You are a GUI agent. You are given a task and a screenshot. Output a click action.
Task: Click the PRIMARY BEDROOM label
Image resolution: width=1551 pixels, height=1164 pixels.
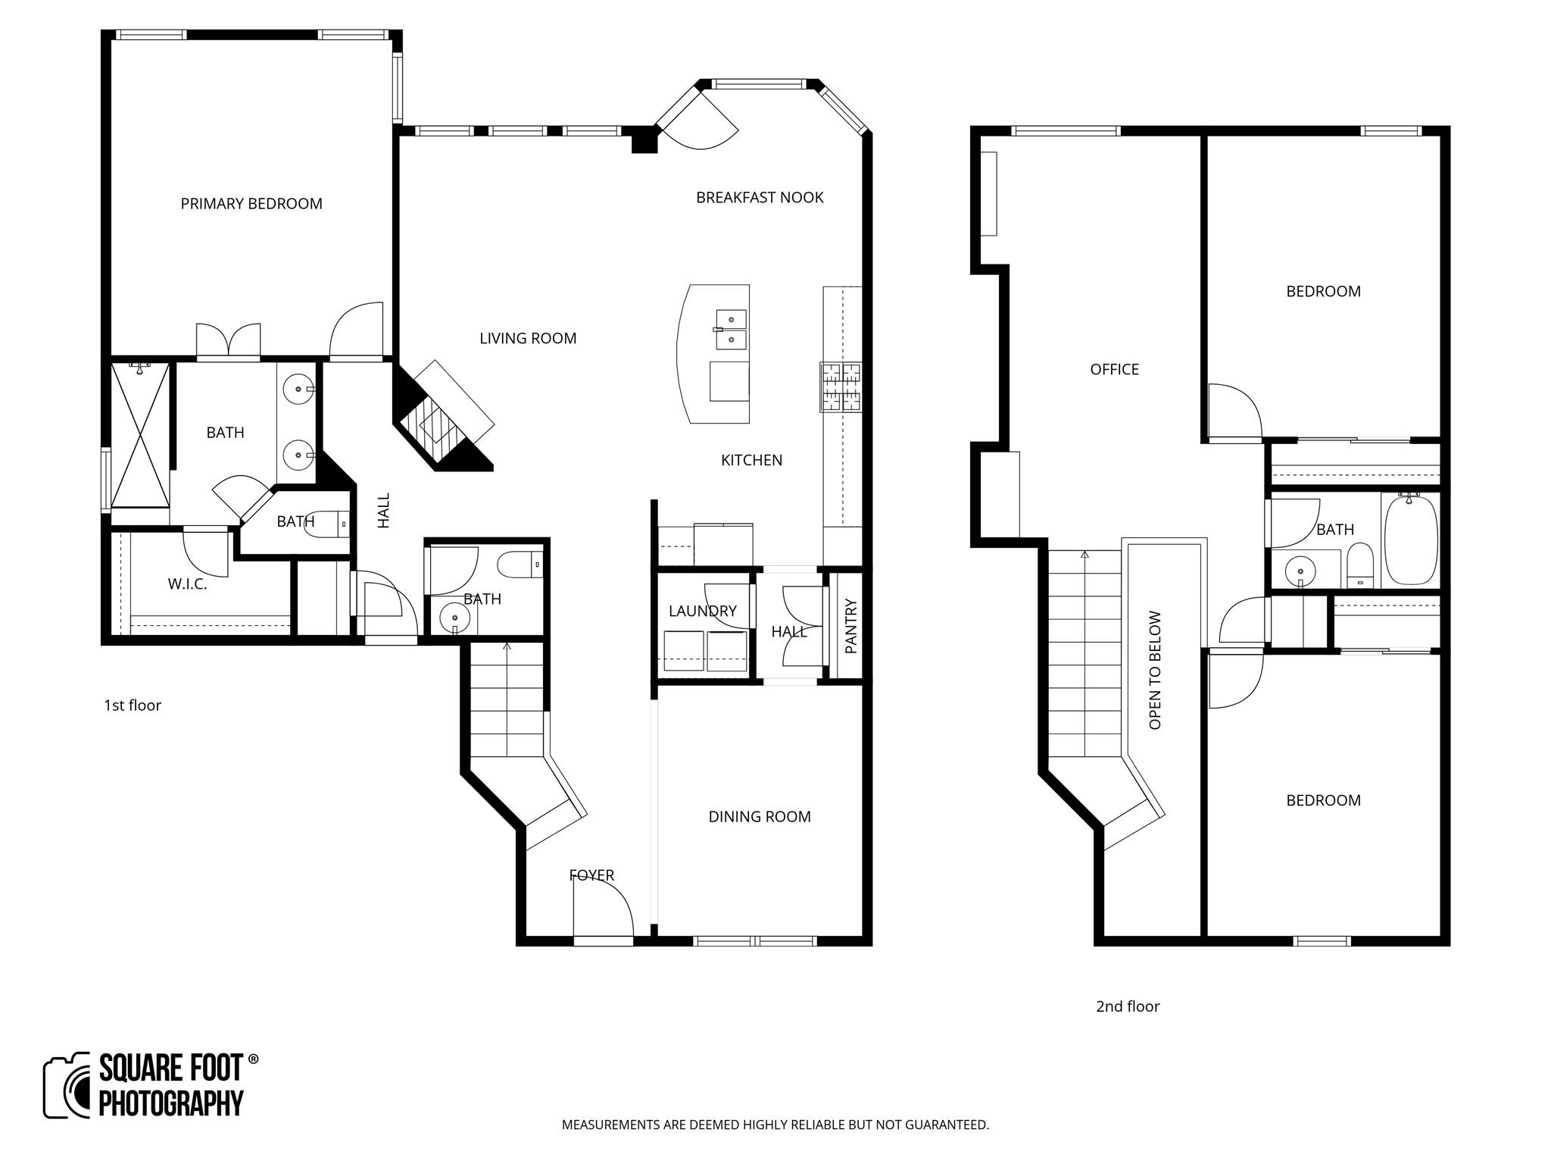(251, 204)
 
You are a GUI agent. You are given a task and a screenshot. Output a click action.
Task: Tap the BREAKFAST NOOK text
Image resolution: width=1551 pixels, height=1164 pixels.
(760, 198)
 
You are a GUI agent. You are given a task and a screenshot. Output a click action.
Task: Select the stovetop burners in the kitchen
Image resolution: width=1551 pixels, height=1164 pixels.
(841, 387)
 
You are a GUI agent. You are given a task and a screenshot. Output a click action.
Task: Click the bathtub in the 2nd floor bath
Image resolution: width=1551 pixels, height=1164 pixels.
(1410, 540)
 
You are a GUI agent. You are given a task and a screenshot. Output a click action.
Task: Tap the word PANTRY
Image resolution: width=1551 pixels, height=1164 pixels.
(850, 626)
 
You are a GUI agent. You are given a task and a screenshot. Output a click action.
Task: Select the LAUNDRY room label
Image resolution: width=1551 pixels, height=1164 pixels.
(702, 611)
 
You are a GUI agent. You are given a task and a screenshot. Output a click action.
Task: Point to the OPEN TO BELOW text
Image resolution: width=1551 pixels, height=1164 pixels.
(1155, 670)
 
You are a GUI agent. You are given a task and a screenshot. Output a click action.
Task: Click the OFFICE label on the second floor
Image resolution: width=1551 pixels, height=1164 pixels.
(1114, 370)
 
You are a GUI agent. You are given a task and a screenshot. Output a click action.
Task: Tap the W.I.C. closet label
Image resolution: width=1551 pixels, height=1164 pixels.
(187, 584)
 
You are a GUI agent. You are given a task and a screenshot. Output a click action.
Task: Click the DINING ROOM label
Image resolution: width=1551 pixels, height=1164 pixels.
(760, 817)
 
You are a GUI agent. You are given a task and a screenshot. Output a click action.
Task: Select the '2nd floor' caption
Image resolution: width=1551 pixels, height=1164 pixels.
(1128, 1006)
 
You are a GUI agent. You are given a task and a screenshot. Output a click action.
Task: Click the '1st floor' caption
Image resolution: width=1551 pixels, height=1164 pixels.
(133, 706)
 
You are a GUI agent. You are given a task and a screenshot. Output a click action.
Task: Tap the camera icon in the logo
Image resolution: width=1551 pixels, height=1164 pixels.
(67, 1086)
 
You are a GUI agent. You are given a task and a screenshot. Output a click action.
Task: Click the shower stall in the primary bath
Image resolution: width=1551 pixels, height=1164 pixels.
(140, 436)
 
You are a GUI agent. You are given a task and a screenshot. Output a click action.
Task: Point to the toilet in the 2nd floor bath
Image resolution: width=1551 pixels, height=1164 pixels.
(1360, 565)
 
